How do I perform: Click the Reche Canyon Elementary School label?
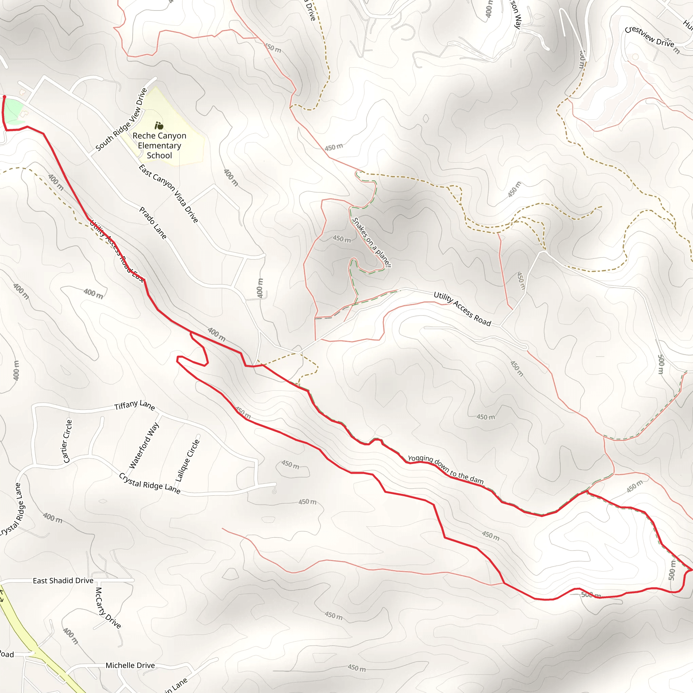point(159,146)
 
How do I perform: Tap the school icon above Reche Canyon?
point(159,126)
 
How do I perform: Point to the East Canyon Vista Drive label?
point(168,193)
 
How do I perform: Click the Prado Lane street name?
point(153,223)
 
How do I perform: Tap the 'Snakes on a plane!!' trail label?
point(372,242)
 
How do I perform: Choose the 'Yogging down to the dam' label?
point(446,469)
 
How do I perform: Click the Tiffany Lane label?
point(135,405)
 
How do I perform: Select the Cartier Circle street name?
point(67,441)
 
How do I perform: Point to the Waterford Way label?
point(144,446)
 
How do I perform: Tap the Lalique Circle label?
point(187,461)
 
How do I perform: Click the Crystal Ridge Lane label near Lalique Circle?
point(150,483)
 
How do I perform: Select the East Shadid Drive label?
point(63,580)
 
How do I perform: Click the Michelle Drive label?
point(130,665)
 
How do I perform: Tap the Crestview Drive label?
point(649,37)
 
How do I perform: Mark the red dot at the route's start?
point(4,97)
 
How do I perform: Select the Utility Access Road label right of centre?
point(462,309)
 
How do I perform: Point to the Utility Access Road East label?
point(117,251)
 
